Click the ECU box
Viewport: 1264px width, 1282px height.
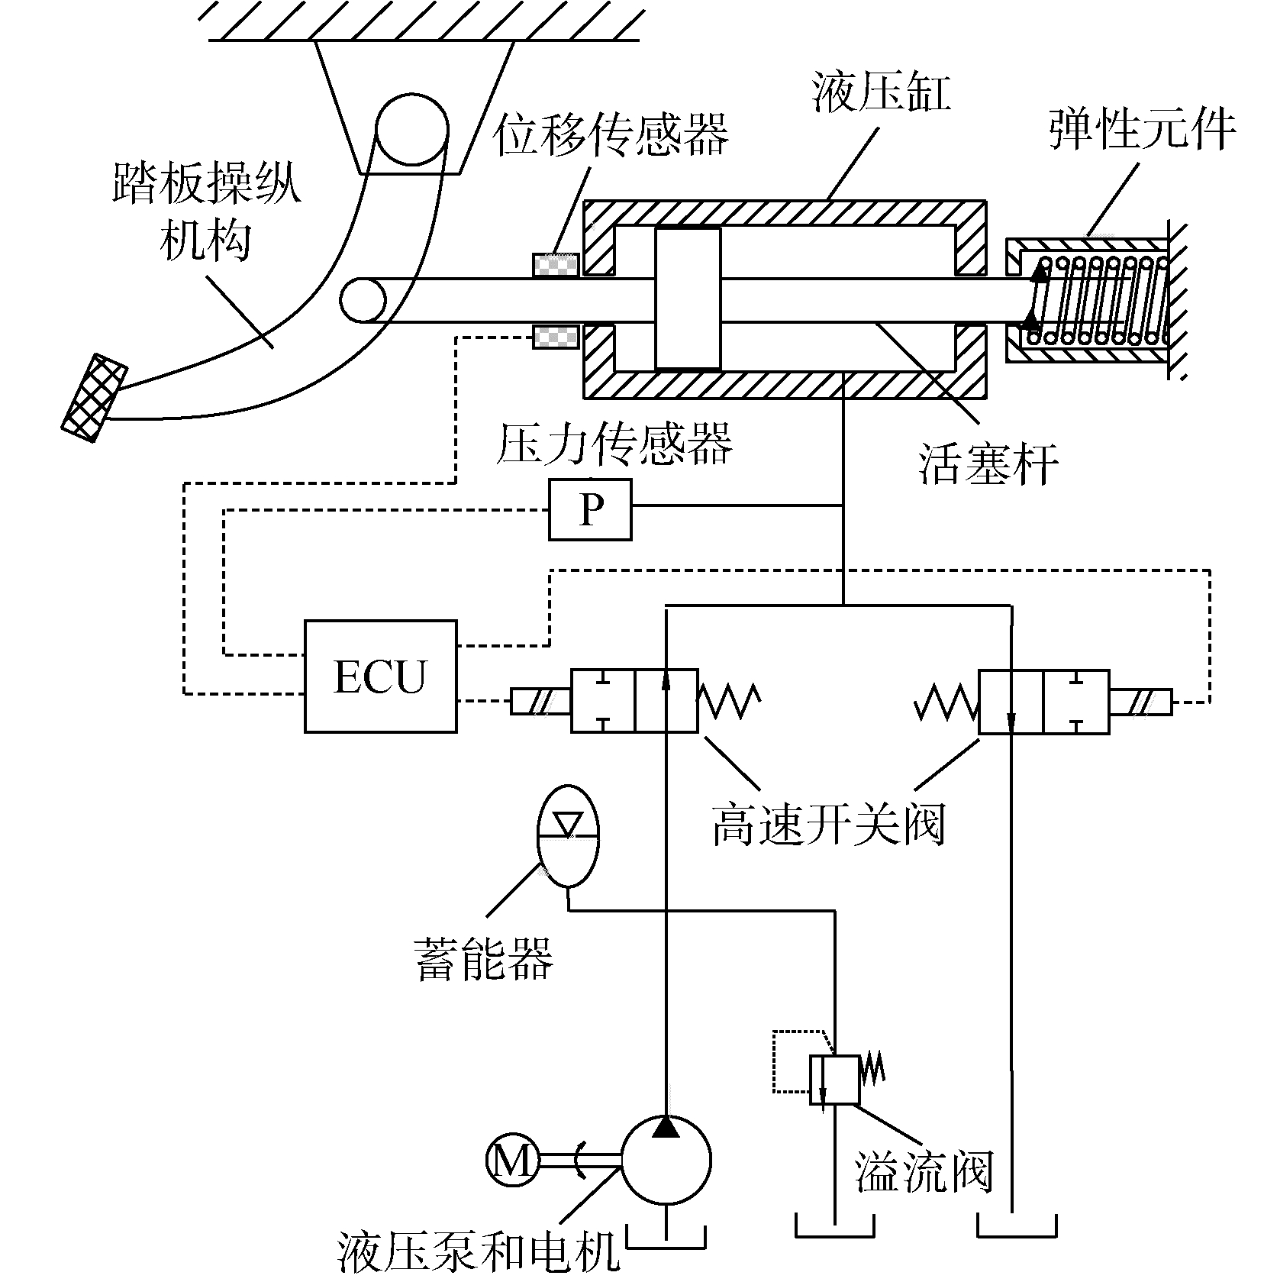click(380, 676)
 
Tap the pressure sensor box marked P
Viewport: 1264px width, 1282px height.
click(590, 509)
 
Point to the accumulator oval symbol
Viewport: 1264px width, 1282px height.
click(569, 835)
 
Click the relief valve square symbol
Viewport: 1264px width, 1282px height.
click(834, 1080)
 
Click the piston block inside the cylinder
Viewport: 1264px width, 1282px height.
click(687, 299)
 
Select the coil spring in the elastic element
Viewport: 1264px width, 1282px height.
click(1099, 300)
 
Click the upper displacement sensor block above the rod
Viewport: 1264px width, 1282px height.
click(555, 263)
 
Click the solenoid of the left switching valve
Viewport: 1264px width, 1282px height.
click(540, 702)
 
